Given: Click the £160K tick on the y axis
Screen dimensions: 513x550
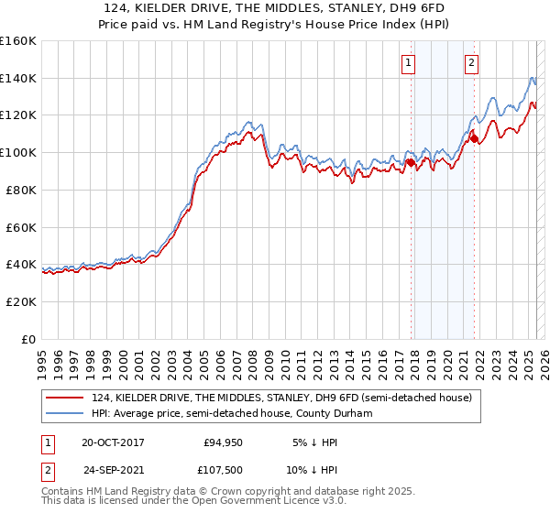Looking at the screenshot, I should [x=18, y=41].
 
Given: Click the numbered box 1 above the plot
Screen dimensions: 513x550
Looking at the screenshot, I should [x=407, y=63].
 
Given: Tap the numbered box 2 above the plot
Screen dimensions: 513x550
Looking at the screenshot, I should [x=471, y=63].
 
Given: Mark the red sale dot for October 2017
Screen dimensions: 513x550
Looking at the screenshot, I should [x=411, y=163].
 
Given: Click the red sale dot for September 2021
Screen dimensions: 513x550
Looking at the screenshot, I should [x=475, y=139].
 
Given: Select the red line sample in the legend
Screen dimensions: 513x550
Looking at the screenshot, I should [x=64, y=398].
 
